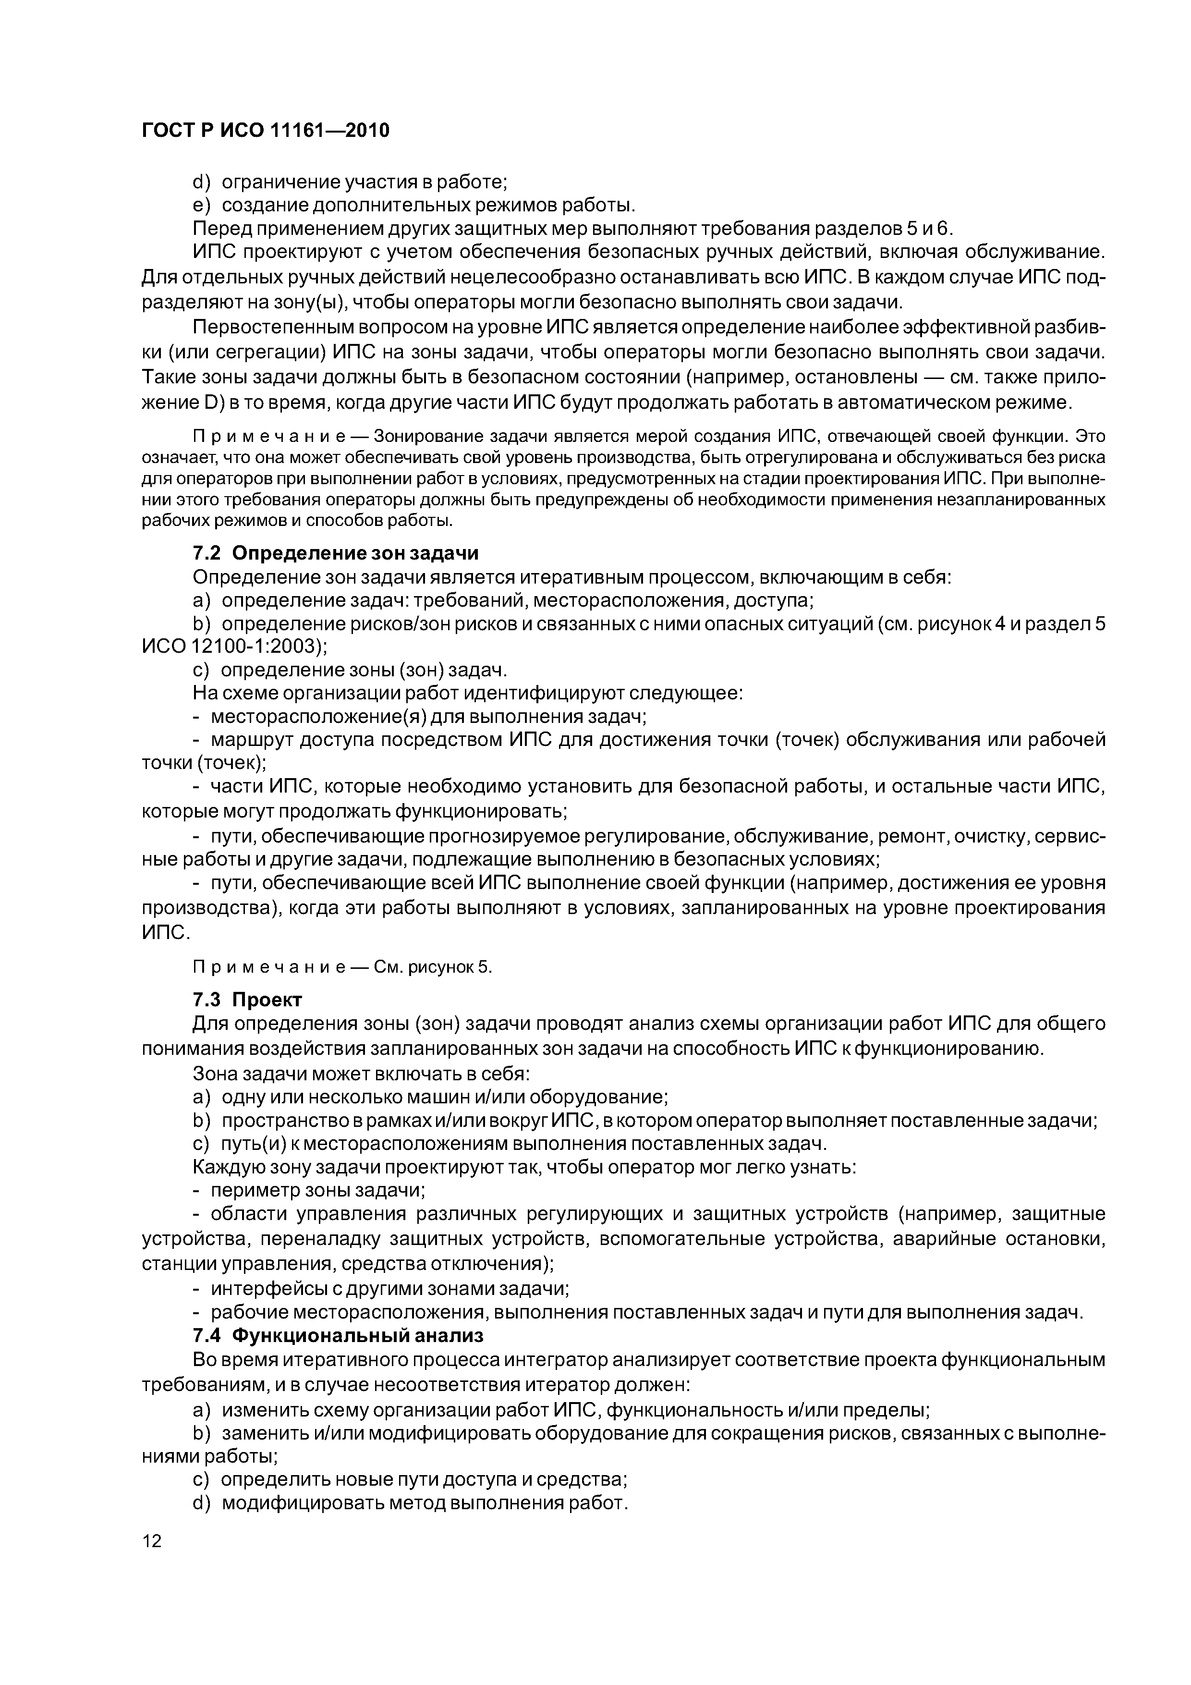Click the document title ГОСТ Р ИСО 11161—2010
pos(265,131)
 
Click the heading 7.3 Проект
pos(247,1000)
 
